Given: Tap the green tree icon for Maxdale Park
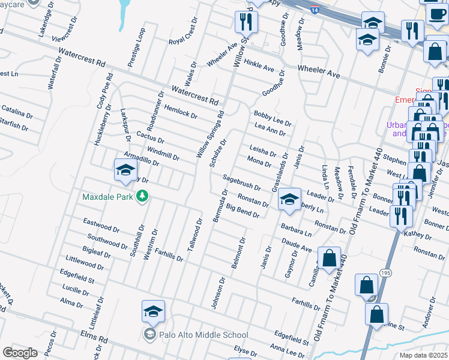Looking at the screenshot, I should click(x=142, y=196).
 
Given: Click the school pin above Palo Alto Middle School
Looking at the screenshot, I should click(x=153, y=312).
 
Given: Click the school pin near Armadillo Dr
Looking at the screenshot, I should click(x=125, y=170).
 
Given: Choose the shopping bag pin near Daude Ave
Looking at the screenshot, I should click(x=329, y=259).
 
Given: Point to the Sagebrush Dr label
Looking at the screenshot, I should click(x=241, y=183).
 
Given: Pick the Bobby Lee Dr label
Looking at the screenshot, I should click(x=272, y=118).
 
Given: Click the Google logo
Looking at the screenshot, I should click(x=20, y=353).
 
